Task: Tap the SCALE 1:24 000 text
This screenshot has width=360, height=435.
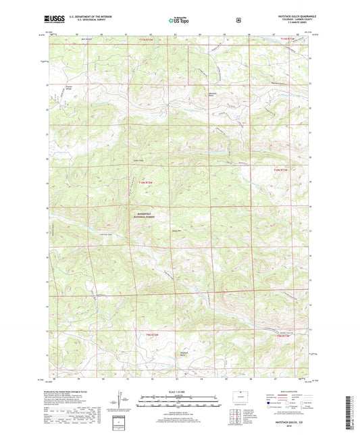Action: (180, 393)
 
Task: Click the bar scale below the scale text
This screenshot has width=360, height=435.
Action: (180, 400)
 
